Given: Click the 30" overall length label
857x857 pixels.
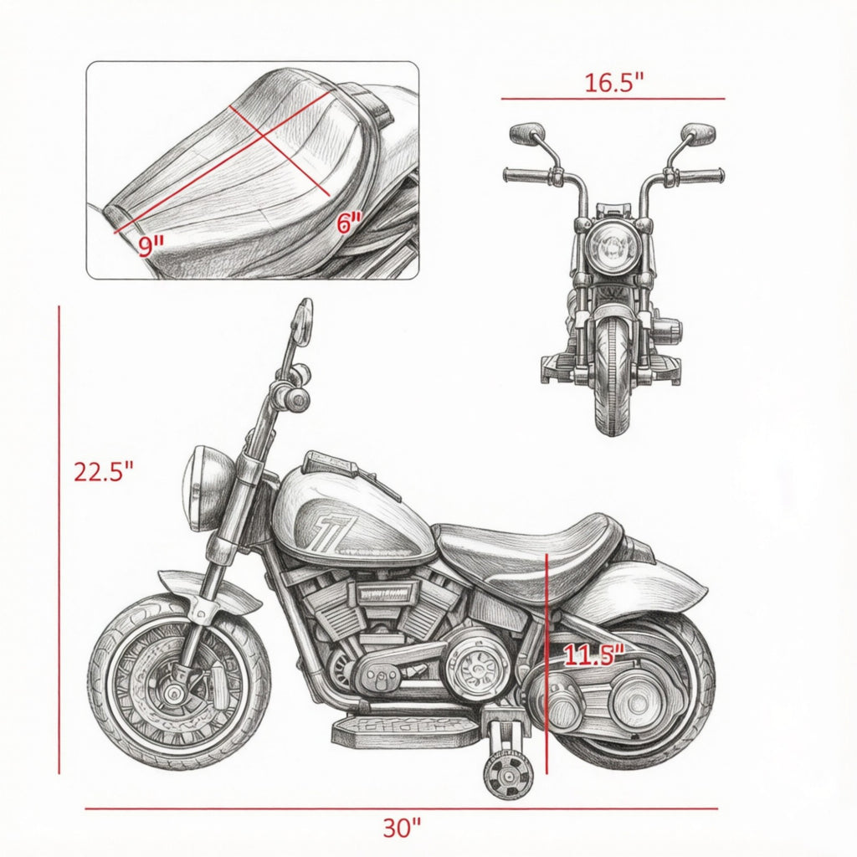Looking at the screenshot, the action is click(402, 828).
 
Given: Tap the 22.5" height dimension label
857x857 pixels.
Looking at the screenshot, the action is click(103, 472).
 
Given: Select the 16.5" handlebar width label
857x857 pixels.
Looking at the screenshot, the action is click(614, 83).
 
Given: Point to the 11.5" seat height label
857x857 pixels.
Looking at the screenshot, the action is click(593, 654).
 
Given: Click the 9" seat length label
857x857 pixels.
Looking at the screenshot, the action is click(151, 247).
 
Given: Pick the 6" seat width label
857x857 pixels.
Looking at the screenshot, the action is click(349, 223).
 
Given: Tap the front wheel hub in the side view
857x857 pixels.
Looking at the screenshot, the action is click(175, 695).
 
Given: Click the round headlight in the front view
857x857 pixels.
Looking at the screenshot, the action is click(612, 247).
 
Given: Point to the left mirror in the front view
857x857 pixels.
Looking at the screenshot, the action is click(527, 133).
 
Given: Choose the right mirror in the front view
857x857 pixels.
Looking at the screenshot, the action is click(698, 133).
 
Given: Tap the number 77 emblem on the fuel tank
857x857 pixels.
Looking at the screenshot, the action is click(328, 526).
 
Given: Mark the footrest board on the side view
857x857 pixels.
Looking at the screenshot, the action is click(408, 731).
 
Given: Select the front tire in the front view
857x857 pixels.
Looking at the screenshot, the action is click(611, 377).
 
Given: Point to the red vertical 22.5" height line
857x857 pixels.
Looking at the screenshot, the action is click(59, 540).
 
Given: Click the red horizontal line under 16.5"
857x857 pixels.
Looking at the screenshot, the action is click(613, 99).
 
